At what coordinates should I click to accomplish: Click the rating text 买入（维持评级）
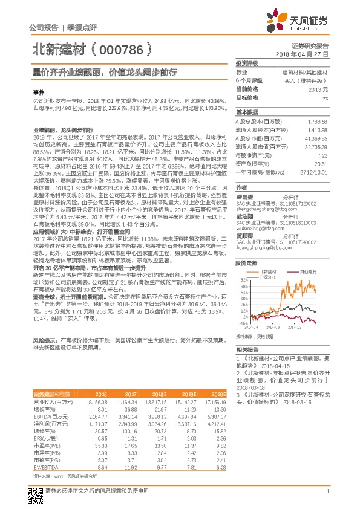tap(307, 80)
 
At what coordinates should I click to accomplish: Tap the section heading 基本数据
tap(246, 113)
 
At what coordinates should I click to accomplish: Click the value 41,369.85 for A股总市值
tap(316, 139)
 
